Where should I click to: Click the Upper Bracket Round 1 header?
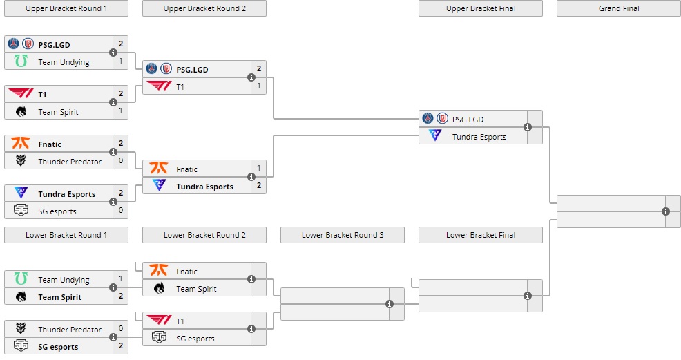tap(66, 8)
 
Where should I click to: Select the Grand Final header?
tap(618, 8)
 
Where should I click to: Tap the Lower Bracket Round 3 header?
tap(343, 235)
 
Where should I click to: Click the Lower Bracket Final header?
tap(481, 235)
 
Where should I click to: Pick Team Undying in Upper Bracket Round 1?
tap(64, 62)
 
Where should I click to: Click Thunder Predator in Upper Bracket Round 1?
tap(69, 162)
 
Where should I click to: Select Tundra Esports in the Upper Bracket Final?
tap(479, 137)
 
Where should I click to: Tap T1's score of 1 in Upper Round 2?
tap(258, 86)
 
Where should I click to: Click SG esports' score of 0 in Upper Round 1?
tap(120, 211)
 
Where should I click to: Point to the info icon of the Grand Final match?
tap(666, 211)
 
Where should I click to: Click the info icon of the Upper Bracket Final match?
tap(528, 127)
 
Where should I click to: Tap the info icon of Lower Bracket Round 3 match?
tap(390, 304)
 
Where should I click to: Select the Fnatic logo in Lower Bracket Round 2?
tap(159, 271)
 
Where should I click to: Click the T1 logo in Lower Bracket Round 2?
tap(159, 321)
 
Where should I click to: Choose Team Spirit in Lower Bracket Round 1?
tap(59, 297)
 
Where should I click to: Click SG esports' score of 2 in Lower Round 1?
tap(120, 346)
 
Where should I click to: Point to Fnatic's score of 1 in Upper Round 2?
tap(258, 169)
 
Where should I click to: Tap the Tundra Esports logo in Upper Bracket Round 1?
tap(21, 193)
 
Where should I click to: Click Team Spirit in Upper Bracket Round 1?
tap(58, 112)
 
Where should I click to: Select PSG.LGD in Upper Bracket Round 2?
tap(192, 69)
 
